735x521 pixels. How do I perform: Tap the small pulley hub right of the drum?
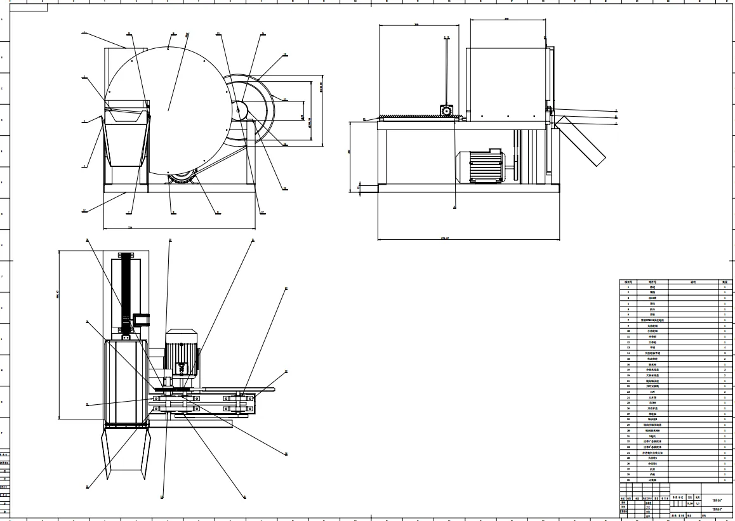tap(241, 110)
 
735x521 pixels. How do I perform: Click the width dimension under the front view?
tap(130, 227)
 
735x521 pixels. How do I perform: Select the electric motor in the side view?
tap(480, 166)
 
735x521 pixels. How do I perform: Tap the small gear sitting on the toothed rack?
tap(447, 112)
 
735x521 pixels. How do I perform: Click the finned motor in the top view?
tap(182, 353)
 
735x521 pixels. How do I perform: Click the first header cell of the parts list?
tap(628, 282)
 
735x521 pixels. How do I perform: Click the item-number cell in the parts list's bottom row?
tap(628, 480)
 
